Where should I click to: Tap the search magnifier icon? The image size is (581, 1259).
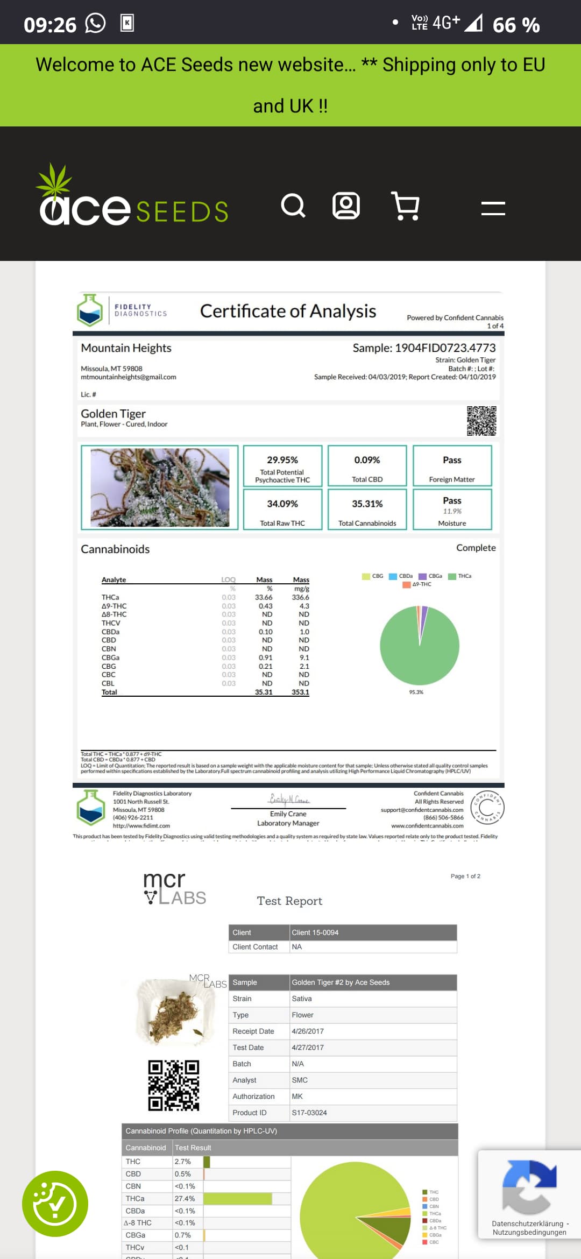point(293,206)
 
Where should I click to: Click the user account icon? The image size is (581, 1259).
point(346,206)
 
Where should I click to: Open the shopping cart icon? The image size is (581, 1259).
point(405,206)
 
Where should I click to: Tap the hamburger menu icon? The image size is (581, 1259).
point(493,208)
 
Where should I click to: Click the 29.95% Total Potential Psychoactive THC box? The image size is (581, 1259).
point(282,465)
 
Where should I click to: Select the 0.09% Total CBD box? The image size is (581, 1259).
point(367,465)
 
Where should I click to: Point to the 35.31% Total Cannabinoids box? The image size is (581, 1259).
point(367,509)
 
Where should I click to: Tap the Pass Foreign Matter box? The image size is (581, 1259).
point(452,465)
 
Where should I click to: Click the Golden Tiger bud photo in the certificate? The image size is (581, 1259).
point(160,487)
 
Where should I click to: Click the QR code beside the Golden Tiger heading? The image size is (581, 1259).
point(481,421)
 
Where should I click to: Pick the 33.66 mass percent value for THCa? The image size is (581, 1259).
point(264,597)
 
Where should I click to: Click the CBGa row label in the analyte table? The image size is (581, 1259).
point(110,657)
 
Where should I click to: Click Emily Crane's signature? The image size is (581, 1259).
point(289,800)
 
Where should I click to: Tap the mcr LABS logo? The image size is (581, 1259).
point(174,888)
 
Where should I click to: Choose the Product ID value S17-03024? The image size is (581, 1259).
point(309,1113)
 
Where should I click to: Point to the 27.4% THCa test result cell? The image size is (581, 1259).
point(185,1199)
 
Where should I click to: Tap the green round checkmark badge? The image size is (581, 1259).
point(55,1204)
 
